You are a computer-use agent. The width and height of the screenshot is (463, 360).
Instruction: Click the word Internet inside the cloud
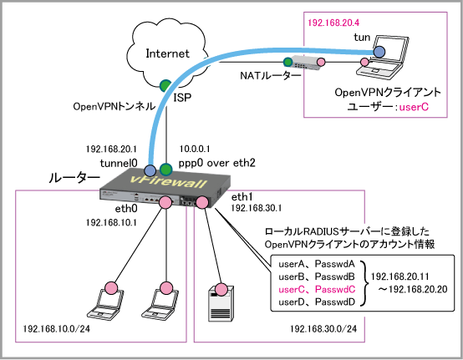click(167, 53)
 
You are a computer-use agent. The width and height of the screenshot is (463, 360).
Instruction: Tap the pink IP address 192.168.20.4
click(333, 23)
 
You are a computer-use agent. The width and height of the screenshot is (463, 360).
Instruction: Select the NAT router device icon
click(305, 63)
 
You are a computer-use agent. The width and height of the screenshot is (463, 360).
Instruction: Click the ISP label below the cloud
click(182, 97)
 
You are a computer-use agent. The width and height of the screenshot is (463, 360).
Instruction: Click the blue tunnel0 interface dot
click(150, 170)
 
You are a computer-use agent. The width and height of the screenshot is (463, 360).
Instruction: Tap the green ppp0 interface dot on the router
click(165, 170)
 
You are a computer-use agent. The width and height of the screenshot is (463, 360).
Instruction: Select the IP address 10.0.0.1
click(195, 149)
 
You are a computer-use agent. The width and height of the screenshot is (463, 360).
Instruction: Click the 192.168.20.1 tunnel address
click(111, 149)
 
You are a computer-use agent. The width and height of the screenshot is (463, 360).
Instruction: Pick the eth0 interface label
click(126, 209)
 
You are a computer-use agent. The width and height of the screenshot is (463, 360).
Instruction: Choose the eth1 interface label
click(242, 197)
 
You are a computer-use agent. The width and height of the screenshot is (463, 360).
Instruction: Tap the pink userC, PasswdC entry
click(317, 290)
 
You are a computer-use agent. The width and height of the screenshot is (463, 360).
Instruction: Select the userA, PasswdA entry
click(317, 264)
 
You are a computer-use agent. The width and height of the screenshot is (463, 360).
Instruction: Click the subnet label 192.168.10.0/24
click(56, 328)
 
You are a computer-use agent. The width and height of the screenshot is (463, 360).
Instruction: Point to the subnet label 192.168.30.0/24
click(323, 328)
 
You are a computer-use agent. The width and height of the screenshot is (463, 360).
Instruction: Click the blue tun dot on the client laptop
click(379, 52)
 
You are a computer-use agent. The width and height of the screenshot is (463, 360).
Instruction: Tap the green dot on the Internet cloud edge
click(165, 85)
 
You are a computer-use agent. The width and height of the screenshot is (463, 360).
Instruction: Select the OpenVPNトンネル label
click(114, 106)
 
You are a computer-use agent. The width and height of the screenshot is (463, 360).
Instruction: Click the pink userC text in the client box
click(414, 107)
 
